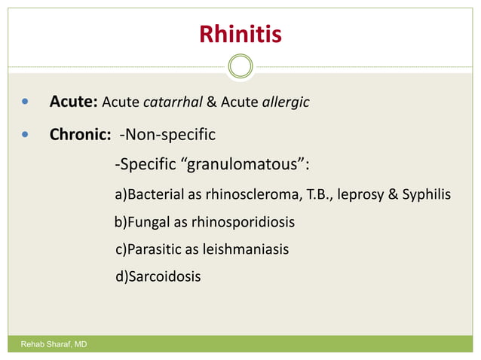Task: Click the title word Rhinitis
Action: [240, 34]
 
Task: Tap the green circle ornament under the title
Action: [240, 66]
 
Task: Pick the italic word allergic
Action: [285, 102]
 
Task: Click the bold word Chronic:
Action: [81, 136]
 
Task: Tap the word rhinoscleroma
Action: [259, 194]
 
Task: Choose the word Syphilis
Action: [427, 195]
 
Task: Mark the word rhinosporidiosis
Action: [242, 223]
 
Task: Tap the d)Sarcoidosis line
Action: [158, 276]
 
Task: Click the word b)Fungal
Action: [139, 223]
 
